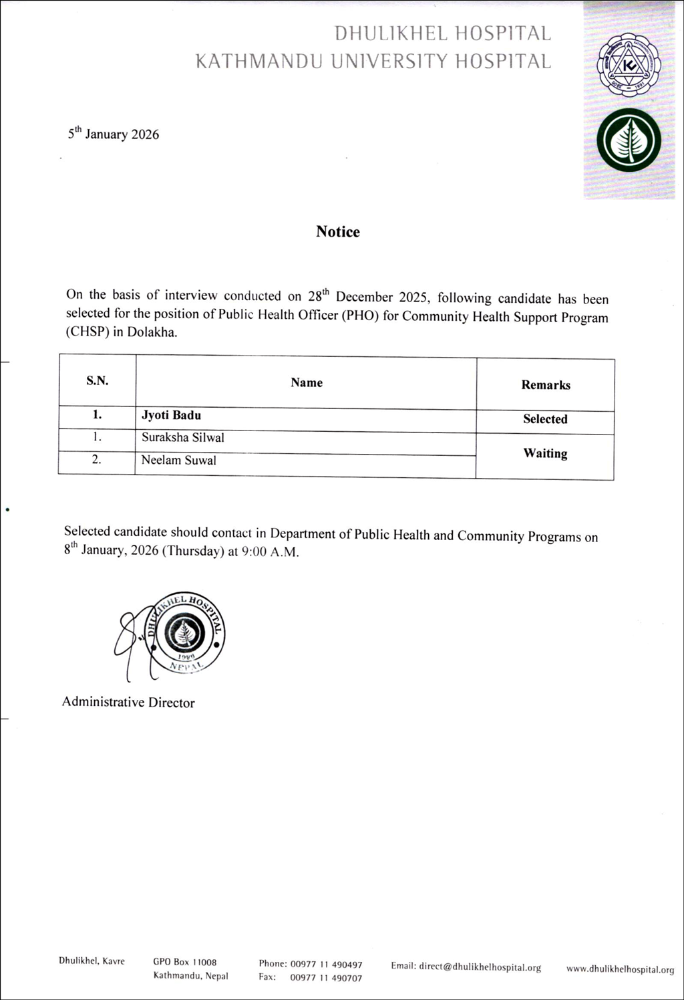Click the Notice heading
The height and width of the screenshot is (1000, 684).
click(337, 232)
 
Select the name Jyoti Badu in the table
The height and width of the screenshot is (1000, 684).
click(171, 415)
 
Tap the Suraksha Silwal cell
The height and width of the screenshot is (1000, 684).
click(182, 438)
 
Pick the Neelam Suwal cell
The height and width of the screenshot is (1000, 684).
click(178, 461)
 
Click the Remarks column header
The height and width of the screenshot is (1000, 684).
click(546, 385)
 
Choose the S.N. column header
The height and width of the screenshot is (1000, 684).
click(97, 381)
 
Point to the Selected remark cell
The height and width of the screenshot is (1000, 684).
click(545, 419)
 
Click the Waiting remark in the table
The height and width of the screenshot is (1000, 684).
click(545, 453)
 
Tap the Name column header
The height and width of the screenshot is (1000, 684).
click(307, 382)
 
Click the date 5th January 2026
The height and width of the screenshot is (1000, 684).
click(114, 134)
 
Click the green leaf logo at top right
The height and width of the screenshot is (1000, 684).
click(628, 140)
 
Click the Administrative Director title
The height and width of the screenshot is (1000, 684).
click(128, 703)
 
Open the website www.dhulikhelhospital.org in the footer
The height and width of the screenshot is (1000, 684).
click(620, 969)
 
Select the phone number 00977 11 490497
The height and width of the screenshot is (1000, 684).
click(326, 964)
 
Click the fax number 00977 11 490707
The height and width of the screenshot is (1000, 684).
click(326, 978)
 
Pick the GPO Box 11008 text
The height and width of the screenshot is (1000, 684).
click(185, 962)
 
